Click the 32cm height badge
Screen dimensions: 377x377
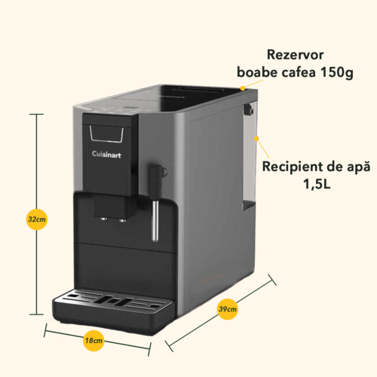pyautogui.click(x=37, y=219)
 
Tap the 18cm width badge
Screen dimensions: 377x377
pyautogui.click(x=93, y=341)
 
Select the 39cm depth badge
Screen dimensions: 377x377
pyautogui.click(x=227, y=309)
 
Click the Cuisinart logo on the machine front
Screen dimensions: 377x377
pyautogui.click(x=106, y=154)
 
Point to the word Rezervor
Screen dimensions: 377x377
pyautogui.click(x=295, y=55)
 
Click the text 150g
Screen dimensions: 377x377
pyautogui.click(x=337, y=72)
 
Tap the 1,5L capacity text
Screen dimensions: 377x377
pyautogui.click(x=317, y=184)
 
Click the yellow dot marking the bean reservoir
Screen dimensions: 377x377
pyautogui.click(x=243, y=88)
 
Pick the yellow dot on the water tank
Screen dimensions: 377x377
pyautogui.click(x=256, y=139)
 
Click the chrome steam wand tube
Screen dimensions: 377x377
pyautogui.click(x=155, y=220)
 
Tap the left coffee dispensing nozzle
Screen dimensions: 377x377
pyautogui.click(x=104, y=219)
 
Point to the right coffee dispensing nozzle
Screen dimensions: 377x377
pyautogui.click(x=123, y=220)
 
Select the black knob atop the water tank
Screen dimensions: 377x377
pyautogui.click(x=248, y=109)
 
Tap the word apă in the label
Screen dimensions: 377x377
pyautogui.click(x=359, y=167)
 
